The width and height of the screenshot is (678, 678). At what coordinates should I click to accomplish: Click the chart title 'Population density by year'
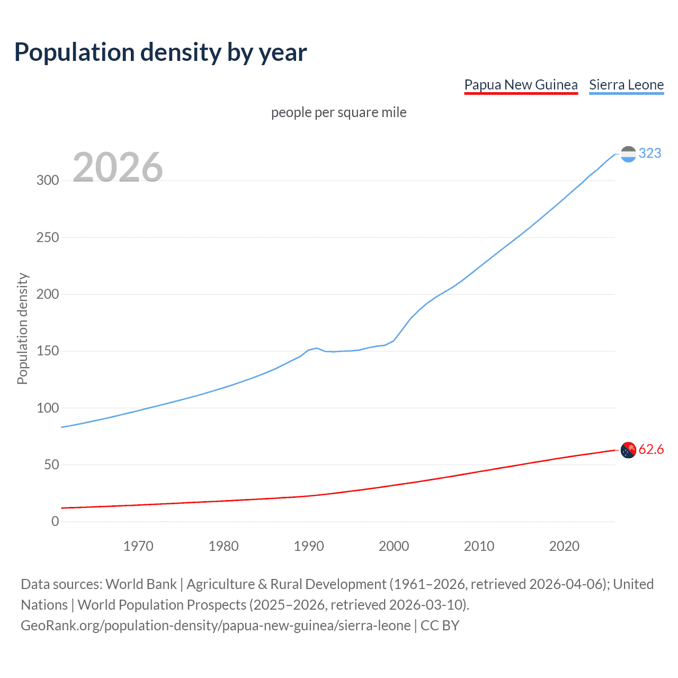tap(160, 52)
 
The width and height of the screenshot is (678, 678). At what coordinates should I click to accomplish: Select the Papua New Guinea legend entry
tap(521, 85)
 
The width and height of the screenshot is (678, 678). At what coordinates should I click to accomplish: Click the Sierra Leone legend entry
tap(626, 85)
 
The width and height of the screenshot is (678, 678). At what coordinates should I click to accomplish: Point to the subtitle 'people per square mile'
tap(338, 112)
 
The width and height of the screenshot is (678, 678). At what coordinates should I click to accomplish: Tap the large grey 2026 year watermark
tap(118, 167)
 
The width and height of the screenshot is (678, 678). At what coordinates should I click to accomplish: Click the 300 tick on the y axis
tap(48, 180)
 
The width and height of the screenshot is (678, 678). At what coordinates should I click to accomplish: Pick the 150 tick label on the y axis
tap(48, 351)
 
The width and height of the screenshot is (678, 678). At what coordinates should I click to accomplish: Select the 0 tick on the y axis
tap(55, 522)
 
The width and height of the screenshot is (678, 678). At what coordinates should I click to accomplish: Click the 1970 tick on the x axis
tap(138, 546)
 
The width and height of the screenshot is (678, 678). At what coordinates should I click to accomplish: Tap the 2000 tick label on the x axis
tap(394, 546)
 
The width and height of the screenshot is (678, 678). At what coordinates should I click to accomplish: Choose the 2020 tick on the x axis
tap(564, 546)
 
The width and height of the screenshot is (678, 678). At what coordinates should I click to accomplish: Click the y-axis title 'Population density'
tap(22, 328)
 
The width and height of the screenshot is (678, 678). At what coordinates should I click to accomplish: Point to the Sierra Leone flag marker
tap(628, 154)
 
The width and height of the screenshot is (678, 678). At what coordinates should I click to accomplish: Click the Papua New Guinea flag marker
tap(628, 450)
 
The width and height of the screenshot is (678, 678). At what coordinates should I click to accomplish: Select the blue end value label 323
tap(650, 153)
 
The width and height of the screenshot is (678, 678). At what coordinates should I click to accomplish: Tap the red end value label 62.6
tap(651, 449)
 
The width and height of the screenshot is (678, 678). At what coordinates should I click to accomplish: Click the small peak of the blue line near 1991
tap(316, 348)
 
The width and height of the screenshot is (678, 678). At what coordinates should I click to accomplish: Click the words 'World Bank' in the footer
tap(141, 584)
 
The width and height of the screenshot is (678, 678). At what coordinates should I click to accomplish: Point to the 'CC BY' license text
tap(440, 626)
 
